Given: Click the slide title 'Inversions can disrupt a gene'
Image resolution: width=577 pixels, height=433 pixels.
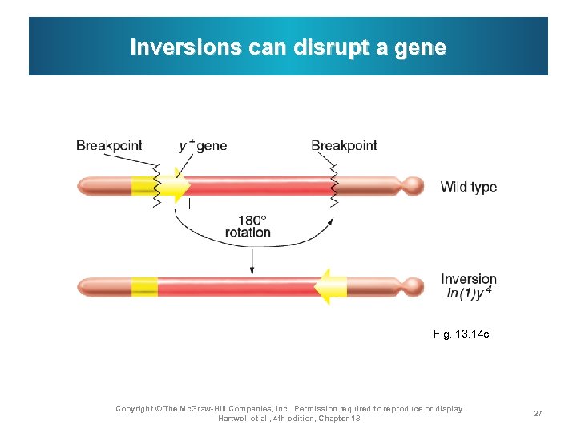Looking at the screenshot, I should pyautogui.click(x=288, y=47).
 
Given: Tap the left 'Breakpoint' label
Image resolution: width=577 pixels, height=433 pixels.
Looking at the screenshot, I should pyautogui.click(x=109, y=145).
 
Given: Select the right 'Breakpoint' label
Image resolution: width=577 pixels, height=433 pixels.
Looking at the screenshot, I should pyautogui.click(x=344, y=145).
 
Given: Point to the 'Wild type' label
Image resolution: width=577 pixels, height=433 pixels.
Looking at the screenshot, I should pyautogui.click(x=469, y=187).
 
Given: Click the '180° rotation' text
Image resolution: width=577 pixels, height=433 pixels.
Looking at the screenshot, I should pyautogui.click(x=248, y=226).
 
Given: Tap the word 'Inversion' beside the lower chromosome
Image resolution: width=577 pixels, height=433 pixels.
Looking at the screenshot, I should pyautogui.click(x=469, y=279).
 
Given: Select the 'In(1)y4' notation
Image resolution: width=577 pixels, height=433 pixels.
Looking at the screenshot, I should pyautogui.click(x=469, y=293).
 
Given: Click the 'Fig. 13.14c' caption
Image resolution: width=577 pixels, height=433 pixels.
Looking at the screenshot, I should pyautogui.click(x=461, y=334).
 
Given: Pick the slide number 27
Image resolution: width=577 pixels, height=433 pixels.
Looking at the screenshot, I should pyautogui.click(x=538, y=414).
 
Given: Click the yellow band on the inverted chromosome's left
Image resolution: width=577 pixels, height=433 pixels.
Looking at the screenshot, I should pyautogui.click(x=144, y=286).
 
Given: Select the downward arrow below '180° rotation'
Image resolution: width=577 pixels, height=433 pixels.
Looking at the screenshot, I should pyautogui.click(x=252, y=260).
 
